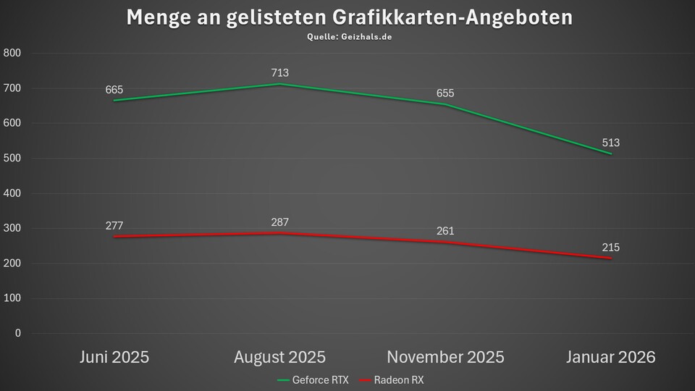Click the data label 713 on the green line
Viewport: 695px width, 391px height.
point(280,72)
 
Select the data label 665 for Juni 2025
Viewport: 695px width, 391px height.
point(114,90)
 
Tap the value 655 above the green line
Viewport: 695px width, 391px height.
point(445,93)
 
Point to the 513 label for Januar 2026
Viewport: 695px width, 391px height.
point(610,143)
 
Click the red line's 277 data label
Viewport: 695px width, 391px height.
point(114,226)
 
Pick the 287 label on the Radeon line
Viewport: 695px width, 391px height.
point(280,222)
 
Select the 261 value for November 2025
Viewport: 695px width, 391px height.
point(445,231)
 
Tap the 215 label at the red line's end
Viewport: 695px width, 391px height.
point(610,248)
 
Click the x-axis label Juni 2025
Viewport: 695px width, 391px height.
point(114,357)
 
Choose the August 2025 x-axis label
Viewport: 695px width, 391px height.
point(280,357)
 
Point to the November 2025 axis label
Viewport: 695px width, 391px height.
point(445,357)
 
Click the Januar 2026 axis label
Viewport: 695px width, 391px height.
point(611,357)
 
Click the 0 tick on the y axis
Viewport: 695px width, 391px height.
point(17,334)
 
